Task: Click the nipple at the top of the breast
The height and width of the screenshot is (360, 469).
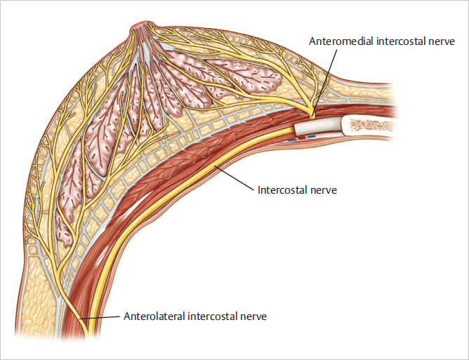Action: (138, 29)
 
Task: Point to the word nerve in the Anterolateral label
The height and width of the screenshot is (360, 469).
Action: (253, 316)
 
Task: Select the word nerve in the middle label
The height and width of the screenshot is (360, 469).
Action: (324, 190)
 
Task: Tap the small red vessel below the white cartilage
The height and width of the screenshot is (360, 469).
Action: (303, 138)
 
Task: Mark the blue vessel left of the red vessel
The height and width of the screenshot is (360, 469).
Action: (292, 139)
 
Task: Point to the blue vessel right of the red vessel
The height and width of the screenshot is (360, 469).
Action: (312, 137)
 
